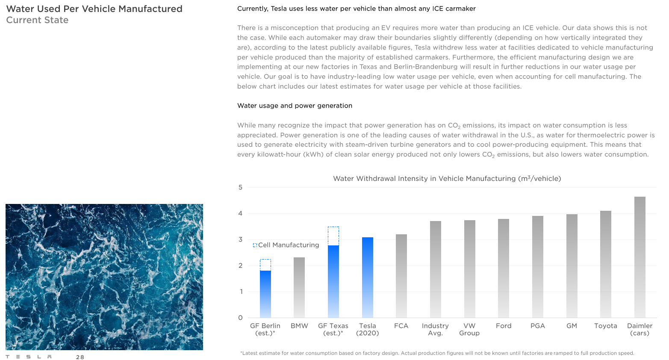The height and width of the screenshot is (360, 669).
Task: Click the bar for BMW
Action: [299, 287]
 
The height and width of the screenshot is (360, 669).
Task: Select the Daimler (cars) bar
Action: [640, 257]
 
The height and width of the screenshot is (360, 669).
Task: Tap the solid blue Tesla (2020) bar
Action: [367, 277]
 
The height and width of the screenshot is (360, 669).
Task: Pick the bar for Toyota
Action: [605, 264]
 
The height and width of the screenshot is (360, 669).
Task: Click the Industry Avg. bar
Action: [435, 269]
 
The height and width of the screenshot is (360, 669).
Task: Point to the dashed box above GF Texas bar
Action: [333, 236]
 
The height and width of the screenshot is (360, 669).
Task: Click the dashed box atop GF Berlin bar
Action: [265, 265]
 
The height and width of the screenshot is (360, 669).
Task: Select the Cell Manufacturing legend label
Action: [289, 245]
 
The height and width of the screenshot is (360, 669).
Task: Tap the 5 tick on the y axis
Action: [240, 187]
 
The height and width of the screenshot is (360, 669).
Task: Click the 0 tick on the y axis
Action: [240, 318]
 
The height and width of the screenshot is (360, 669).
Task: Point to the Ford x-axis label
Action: [504, 326]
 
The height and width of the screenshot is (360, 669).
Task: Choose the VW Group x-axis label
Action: [469, 329]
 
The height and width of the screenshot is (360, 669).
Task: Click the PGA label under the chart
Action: [537, 326]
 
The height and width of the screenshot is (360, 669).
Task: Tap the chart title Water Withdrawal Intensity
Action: [447, 179]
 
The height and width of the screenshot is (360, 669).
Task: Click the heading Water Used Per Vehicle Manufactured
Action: [94, 9]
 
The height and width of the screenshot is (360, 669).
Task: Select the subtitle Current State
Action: [37, 20]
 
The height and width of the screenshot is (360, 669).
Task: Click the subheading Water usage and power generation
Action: [295, 106]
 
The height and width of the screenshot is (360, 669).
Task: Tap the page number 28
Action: [80, 357]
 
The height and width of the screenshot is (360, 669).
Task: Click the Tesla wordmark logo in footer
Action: [29, 357]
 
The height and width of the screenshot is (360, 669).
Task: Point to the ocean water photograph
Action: [104, 277]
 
